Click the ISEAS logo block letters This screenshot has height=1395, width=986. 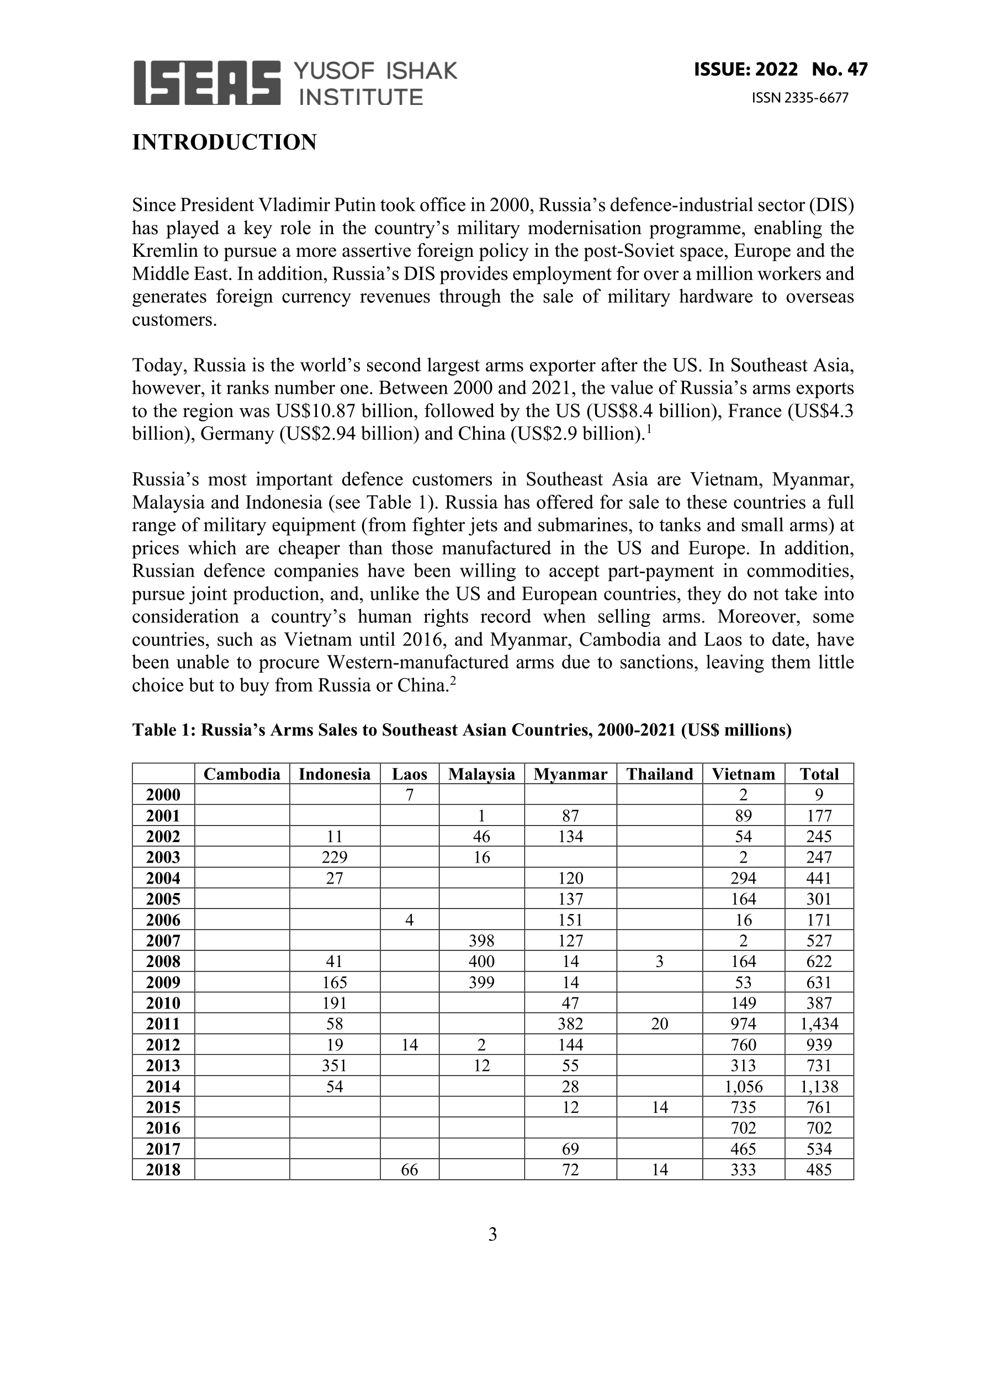[206, 83]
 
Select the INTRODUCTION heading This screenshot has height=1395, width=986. [224, 142]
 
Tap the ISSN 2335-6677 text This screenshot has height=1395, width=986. [799, 98]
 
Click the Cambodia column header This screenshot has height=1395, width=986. [242, 774]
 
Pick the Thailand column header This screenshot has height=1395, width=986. [659, 774]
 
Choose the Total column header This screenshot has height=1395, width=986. [819, 774]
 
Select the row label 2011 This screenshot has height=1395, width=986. [163, 1024]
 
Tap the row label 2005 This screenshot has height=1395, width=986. [163, 899]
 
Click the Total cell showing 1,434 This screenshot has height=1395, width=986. [819, 1024]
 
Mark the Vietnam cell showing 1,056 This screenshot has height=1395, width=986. [743, 1086]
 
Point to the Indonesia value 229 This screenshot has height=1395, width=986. [334, 857]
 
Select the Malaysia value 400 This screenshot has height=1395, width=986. [481, 961]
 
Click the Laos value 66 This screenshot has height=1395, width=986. [410, 1170]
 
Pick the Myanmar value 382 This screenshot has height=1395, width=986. [570, 1024]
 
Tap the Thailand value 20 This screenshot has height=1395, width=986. [659, 1024]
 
